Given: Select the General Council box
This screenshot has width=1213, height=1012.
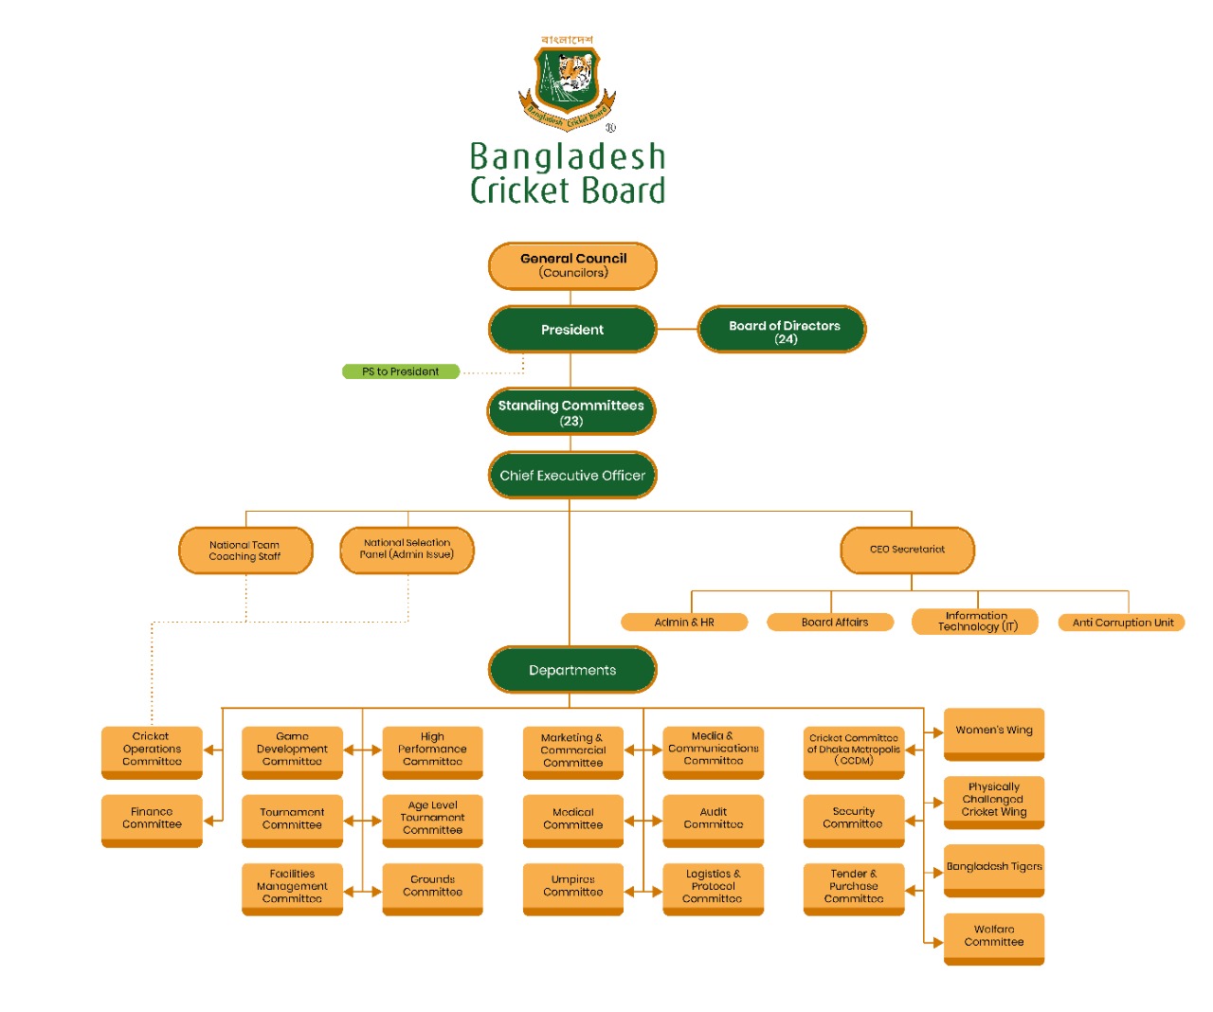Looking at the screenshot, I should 572,265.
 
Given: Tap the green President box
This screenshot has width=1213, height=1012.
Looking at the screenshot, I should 572,330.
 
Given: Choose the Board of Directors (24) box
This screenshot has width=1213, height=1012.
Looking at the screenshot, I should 783,330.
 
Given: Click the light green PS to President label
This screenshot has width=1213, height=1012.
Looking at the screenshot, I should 401,371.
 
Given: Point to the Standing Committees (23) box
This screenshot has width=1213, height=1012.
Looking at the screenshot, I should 571,412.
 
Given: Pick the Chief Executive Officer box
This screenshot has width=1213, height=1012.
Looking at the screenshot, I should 572,476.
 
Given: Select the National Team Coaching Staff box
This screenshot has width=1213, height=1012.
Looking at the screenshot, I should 245,551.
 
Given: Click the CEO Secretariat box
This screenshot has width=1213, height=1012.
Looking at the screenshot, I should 907,550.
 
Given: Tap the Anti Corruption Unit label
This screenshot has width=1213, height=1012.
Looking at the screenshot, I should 1122,623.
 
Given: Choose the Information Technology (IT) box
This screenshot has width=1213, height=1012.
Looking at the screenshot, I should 976,622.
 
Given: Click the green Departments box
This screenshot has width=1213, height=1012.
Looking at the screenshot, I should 572,670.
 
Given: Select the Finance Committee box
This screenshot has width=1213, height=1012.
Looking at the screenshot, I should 152,819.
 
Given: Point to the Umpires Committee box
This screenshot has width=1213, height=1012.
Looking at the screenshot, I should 572,887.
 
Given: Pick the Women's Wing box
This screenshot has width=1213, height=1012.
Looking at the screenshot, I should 994,732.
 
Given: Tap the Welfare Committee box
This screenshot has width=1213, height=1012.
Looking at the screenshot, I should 994,937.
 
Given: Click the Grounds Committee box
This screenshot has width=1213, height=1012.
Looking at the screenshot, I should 432,887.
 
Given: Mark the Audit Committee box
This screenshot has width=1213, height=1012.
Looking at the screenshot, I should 713,819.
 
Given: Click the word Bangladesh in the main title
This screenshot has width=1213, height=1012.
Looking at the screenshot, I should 568,156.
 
